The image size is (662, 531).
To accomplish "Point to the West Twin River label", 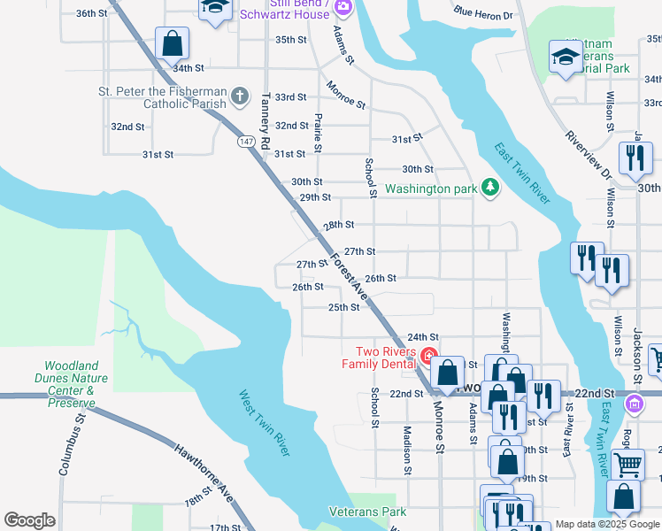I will pos(266,424).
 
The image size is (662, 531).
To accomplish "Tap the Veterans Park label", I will pos(367,512).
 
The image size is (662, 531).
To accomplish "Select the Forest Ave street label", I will pos(349,275).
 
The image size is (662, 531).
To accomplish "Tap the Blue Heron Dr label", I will pos(483,14).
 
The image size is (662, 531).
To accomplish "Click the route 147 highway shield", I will pos(246,142).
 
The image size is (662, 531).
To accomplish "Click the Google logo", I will pos(30,520).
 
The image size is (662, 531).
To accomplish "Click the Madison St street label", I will pos(407,448).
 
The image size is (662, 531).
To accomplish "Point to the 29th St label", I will pos(315,197).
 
